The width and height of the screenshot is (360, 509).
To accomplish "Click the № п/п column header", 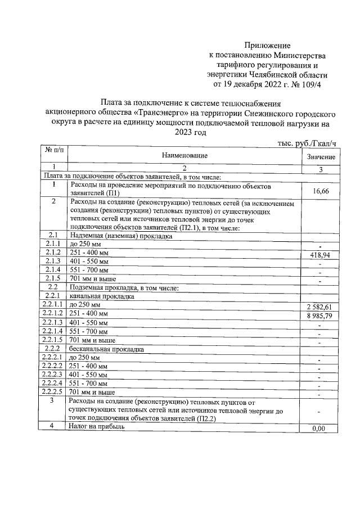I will point(55,151).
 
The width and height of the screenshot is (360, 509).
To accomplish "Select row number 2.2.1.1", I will point(53,304).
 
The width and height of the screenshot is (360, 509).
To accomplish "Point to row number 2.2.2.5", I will point(53,391).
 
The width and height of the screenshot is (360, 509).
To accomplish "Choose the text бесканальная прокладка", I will point(105,349).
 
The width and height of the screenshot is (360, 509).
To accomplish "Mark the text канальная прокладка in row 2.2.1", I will point(101,296).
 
